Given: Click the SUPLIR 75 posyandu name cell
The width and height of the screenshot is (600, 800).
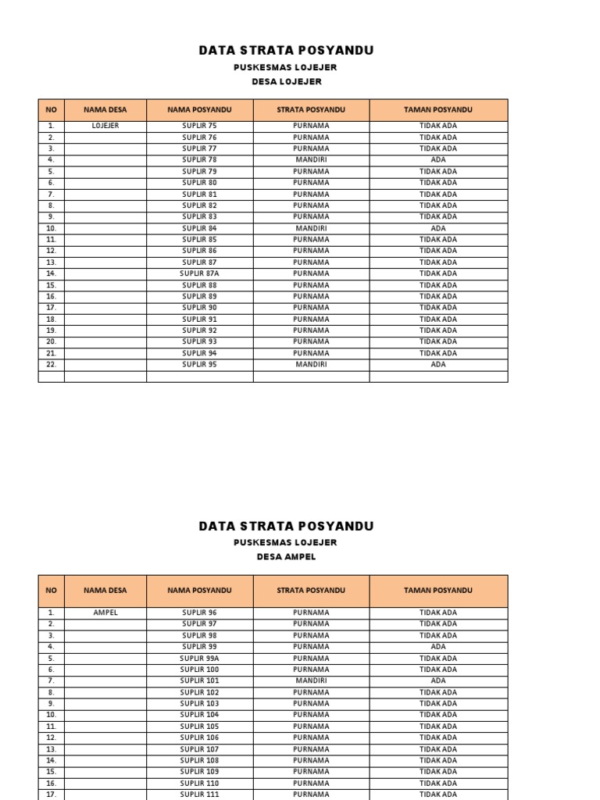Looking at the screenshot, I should [x=199, y=126].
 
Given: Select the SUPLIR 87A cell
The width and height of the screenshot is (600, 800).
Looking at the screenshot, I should [x=199, y=273].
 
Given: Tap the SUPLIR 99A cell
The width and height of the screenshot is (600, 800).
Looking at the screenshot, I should [x=199, y=658].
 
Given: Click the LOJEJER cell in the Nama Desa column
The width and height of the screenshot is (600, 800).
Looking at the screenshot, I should [x=105, y=126].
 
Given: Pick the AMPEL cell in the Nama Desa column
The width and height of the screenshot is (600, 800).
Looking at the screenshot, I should [x=105, y=612].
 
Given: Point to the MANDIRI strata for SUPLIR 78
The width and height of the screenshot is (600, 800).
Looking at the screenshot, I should [x=311, y=159].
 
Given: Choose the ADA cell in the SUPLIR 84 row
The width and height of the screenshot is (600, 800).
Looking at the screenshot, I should [x=438, y=228].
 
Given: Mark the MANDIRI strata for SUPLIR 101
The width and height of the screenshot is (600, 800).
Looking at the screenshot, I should [x=311, y=680].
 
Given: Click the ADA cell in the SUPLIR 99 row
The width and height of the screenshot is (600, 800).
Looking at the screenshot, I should [x=438, y=647].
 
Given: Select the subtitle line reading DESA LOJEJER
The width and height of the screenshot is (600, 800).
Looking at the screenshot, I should [x=286, y=81].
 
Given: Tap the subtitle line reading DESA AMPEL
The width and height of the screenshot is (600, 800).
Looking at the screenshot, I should [x=286, y=557].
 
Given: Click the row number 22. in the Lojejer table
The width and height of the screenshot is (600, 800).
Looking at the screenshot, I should [x=51, y=364].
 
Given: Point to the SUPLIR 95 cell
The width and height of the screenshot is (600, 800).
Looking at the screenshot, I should [x=199, y=364].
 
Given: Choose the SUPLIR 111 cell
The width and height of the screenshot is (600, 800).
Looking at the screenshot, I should [x=199, y=794].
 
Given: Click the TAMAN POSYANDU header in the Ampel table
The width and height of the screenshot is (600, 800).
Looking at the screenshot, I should [x=438, y=591].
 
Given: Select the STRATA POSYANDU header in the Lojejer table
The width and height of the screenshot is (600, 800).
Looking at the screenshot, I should [x=311, y=110].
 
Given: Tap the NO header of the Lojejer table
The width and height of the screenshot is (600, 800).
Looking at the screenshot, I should [x=51, y=110].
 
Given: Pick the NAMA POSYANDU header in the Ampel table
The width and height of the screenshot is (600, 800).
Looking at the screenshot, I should [x=199, y=591].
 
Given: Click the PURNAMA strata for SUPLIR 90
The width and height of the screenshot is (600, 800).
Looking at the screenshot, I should [x=311, y=308].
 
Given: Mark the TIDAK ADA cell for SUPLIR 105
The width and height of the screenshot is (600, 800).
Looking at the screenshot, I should [x=438, y=726].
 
